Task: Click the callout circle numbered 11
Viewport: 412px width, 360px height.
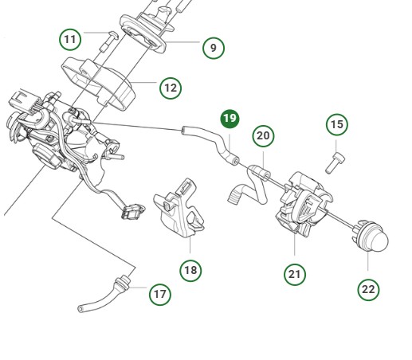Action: point(72,38)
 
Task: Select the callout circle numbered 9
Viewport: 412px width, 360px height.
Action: point(213,49)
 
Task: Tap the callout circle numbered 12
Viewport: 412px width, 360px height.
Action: point(171,88)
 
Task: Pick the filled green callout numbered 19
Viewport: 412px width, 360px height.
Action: point(230,119)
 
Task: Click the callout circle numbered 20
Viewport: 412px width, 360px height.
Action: point(263,136)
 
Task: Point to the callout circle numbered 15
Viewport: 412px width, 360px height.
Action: point(337,124)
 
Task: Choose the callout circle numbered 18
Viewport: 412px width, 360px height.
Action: point(190,270)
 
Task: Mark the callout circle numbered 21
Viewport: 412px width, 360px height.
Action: point(295,274)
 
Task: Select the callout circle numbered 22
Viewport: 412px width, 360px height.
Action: point(367,289)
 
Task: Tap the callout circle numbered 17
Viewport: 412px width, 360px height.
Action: point(160,294)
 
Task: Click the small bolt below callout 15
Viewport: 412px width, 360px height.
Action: point(334,163)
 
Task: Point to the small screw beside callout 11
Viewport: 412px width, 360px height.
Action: point(104,43)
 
